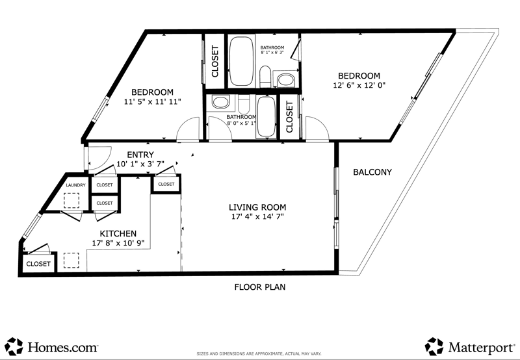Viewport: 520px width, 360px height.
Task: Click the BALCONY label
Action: click(x=372, y=172)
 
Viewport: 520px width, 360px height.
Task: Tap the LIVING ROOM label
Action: click(x=257, y=207)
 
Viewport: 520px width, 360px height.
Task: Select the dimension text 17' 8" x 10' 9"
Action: click(x=118, y=243)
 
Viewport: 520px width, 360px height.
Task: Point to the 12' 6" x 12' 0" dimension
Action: click(x=359, y=85)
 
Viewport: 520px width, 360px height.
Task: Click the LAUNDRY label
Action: click(x=75, y=185)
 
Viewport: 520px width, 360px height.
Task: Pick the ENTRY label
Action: click(x=140, y=155)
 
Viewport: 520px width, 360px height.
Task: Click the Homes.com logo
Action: click(x=52, y=347)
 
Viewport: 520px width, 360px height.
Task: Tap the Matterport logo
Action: click(x=470, y=347)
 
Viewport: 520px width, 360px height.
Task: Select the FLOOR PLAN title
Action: click(x=260, y=287)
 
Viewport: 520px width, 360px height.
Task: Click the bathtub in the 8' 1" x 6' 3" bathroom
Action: click(x=241, y=61)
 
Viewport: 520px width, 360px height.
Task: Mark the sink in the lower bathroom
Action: click(x=221, y=102)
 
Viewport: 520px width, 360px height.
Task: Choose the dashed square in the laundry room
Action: click(x=71, y=201)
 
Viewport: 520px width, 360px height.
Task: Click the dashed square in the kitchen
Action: click(x=71, y=261)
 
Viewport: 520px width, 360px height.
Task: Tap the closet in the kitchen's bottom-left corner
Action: click(x=38, y=264)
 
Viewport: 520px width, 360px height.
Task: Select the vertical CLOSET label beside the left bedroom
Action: click(x=215, y=62)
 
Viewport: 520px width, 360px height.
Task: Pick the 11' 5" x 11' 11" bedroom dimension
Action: click(x=153, y=101)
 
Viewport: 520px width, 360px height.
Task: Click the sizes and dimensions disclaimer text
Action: click(x=259, y=354)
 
